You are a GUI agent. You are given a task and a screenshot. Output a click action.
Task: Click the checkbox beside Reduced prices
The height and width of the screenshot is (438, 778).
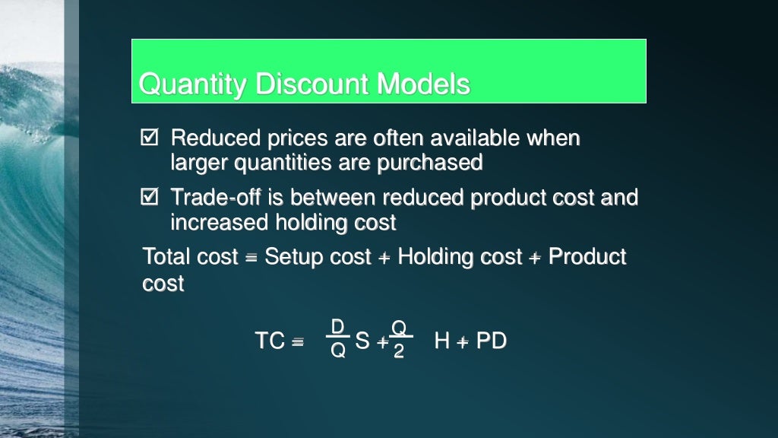pyautogui.click(x=149, y=138)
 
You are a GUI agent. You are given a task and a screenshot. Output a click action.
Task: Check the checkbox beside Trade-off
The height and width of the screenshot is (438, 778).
pyautogui.click(x=149, y=198)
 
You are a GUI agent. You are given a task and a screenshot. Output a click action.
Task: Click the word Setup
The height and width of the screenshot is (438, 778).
pyautogui.click(x=293, y=257)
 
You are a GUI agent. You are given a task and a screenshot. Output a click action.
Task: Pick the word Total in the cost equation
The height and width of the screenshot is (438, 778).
pyautogui.click(x=165, y=257)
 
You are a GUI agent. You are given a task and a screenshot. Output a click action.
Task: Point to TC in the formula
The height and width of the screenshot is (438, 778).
pyautogui.click(x=270, y=341)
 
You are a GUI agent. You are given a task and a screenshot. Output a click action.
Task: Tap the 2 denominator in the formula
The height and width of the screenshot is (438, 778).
pyautogui.click(x=399, y=351)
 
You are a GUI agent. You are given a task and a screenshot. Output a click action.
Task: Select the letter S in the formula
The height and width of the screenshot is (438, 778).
pyautogui.click(x=362, y=341)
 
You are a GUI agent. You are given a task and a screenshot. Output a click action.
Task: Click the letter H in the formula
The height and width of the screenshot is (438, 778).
pyautogui.click(x=442, y=341)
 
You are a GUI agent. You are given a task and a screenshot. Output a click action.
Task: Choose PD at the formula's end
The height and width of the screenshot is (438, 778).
pyautogui.click(x=491, y=341)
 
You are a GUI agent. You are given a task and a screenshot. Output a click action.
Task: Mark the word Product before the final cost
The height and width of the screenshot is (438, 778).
pyautogui.click(x=587, y=257)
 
